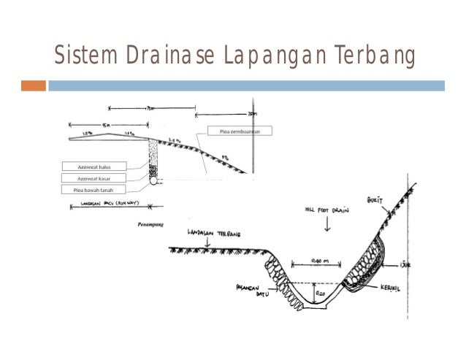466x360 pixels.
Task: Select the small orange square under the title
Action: [33, 85]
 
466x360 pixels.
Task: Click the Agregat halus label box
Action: [94, 166]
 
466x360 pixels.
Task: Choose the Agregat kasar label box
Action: [94, 177]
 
